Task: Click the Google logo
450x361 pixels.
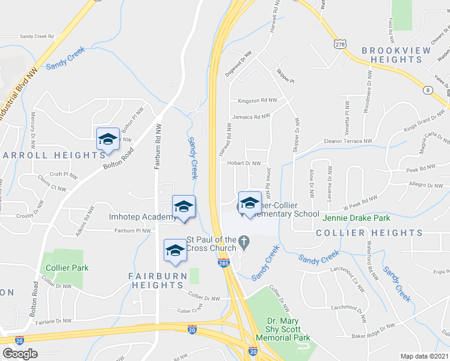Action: (x=20, y=354)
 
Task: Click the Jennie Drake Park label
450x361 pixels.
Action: (x=356, y=218)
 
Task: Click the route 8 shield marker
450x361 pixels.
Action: (x=428, y=90)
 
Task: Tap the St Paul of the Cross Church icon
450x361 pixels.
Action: (x=243, y=242)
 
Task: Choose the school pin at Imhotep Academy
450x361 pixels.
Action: (x=183, y=207)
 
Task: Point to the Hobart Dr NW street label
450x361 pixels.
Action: (x=244, y=163)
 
